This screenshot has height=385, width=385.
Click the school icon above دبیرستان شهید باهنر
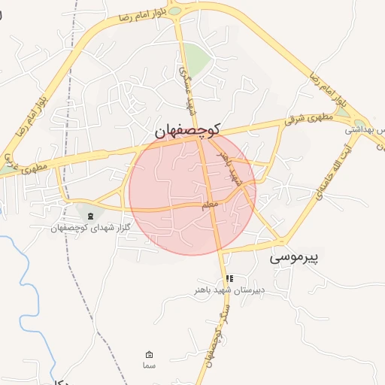point(229,278)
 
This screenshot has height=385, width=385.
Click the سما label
point(149,365)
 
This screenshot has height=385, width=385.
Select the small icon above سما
point(149,354)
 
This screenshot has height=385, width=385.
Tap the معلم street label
point(210,205)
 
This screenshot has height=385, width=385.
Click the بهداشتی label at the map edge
point(365,129)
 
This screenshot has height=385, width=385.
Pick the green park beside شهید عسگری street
point(197,58)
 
